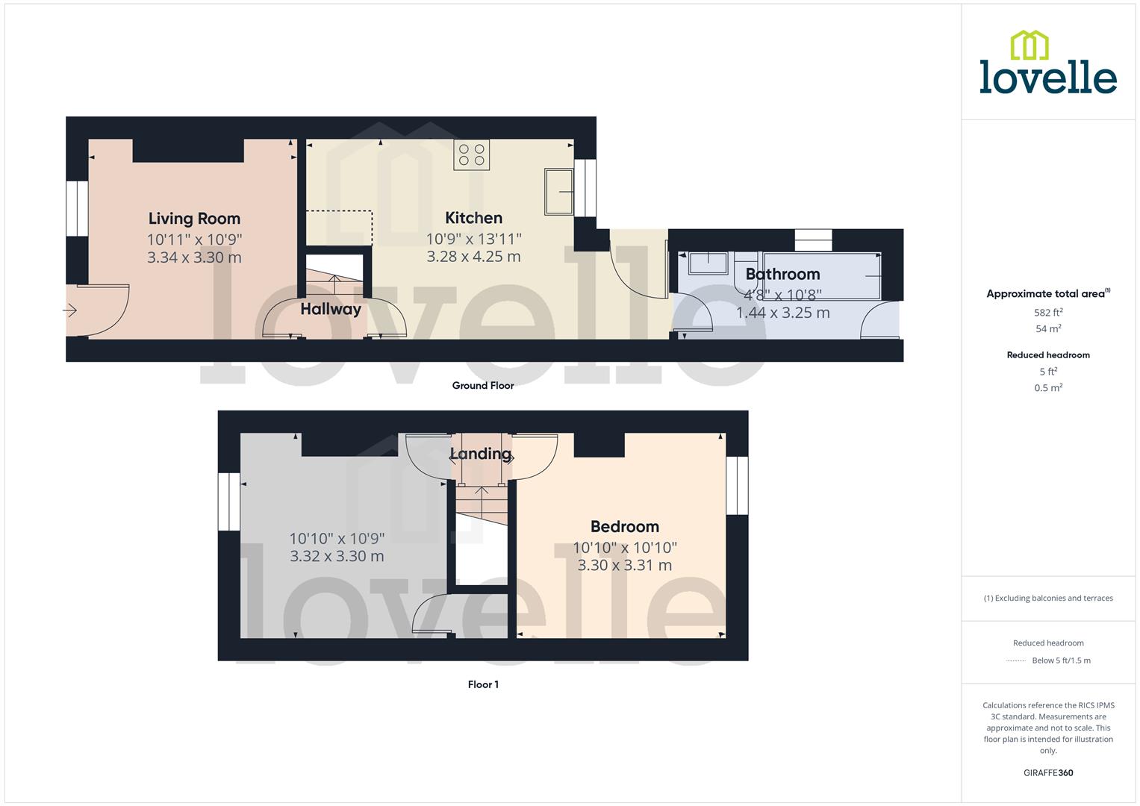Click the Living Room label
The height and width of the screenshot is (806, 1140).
[194, 219]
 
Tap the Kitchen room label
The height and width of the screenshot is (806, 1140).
[473, 218]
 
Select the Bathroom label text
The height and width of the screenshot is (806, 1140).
[782, 274]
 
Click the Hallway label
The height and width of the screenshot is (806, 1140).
[331, 309]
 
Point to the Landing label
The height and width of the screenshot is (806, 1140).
[480, 454]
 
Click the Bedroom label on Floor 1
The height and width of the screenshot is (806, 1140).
[624, 527]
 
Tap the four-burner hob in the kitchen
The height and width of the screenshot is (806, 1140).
[471, 154]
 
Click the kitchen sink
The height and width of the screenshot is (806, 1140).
[558, 192]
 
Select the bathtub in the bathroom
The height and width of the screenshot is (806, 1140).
[821, 276]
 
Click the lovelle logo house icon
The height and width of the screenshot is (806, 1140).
[1029, 46]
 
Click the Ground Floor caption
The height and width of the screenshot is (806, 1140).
[483, 386]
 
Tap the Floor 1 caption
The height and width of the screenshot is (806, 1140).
[483, 684]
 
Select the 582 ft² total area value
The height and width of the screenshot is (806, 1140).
[1048, 313]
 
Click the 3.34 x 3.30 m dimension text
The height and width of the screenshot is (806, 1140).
[194, 257]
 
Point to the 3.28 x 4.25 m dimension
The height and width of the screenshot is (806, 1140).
[473, 257]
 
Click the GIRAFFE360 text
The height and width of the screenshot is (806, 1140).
[1048, 772]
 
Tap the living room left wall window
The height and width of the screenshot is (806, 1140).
[77, 209]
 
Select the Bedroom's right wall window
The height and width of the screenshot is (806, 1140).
[737, 485]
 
